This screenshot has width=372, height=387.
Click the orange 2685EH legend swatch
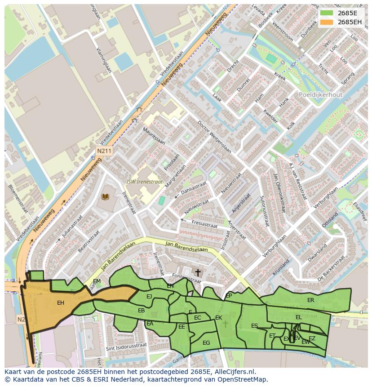[x=327, y=22]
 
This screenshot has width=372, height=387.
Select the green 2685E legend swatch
[x=327, y=13]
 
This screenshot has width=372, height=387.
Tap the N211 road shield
[x=103, y=151]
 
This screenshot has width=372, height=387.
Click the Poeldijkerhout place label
[x=320, y=95]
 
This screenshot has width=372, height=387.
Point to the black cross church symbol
[x=198, y=273]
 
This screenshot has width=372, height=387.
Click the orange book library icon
[x=105, y=196]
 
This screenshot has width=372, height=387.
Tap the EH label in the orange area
[x=61, y=303]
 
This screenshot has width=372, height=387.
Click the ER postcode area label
[x=310, y=300]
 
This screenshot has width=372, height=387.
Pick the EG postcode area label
[x=206, y=343]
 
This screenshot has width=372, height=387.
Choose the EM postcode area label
[x=97, y=281]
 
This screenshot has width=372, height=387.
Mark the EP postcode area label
[x=229, y=296]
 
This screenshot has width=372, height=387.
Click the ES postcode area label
[x=255, y=326]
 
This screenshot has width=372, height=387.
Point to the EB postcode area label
[x=141, y=311]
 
